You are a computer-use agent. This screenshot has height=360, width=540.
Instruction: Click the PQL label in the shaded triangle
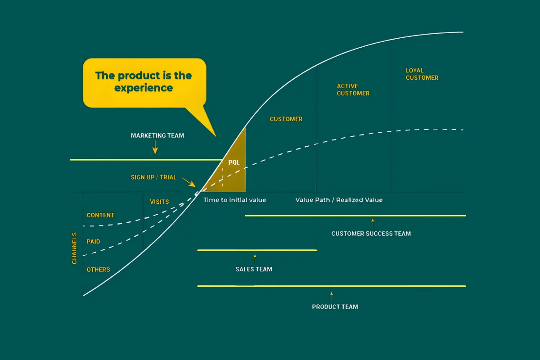234,162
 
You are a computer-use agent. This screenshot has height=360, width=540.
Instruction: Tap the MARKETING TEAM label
157,135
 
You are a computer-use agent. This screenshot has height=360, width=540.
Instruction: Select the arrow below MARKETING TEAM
155,147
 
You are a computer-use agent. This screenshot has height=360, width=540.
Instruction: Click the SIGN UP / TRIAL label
153,177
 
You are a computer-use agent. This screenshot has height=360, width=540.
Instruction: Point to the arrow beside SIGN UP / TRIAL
189,182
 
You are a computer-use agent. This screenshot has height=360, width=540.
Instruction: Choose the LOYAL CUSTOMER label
422,74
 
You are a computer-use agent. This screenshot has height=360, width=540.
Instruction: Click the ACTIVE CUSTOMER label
353,90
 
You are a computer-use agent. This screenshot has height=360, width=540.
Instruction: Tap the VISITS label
159,202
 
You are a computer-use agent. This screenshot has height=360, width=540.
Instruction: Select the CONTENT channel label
100,215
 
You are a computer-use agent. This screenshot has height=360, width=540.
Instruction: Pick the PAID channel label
93,242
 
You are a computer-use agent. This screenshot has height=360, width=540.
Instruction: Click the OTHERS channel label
98,270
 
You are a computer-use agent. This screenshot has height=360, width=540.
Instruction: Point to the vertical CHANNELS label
74,248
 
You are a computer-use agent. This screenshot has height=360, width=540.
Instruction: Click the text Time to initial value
234,200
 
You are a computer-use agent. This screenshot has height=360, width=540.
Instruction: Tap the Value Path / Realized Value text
339,200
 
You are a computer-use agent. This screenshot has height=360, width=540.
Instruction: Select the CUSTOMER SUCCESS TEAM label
371,234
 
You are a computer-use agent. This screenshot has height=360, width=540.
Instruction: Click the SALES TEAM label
254,270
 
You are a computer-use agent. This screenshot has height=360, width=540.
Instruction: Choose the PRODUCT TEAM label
335,307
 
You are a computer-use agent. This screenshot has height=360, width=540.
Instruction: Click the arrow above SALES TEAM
255,259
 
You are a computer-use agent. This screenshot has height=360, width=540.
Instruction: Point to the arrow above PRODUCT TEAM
332,297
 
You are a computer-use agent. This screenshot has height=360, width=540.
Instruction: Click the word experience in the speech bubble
144,88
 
